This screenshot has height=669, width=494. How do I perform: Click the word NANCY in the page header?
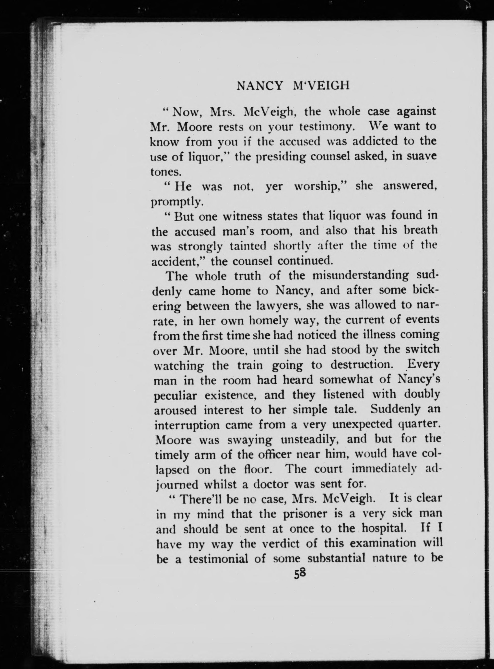point(259,86)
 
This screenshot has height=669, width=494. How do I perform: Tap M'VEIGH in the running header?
point(321,86)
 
